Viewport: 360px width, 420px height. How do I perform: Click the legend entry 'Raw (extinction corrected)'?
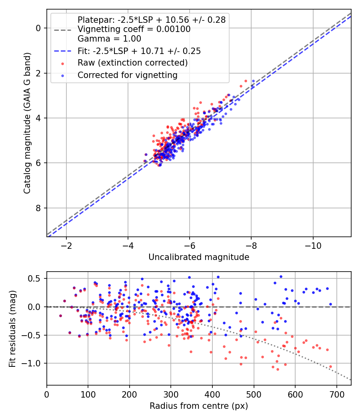[x=132, y=63]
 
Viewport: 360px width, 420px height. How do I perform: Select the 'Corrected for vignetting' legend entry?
[x=127, y=75]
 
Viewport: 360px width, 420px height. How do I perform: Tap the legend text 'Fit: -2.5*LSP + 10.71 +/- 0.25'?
[x=139, y=51]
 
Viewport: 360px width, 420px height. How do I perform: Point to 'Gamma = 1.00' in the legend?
[x=109, y=39]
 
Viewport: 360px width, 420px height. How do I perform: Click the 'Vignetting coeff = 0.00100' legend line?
[x=134, y=29]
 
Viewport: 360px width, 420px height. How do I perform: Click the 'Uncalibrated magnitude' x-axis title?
[x=199, y=257]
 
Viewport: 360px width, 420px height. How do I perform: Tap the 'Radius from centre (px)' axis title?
[x=199, y=406]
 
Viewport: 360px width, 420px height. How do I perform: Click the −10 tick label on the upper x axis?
[x=313, y=245]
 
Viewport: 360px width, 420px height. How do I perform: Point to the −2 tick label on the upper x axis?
[x=66, y=245]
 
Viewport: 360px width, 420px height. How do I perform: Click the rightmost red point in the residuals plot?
[x=330, y=366]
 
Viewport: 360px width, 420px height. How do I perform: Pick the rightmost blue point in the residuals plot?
[x=330, y=304]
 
